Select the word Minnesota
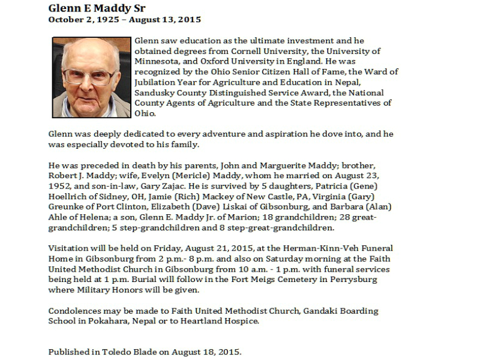[158, 61]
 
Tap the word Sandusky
[156, 93]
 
